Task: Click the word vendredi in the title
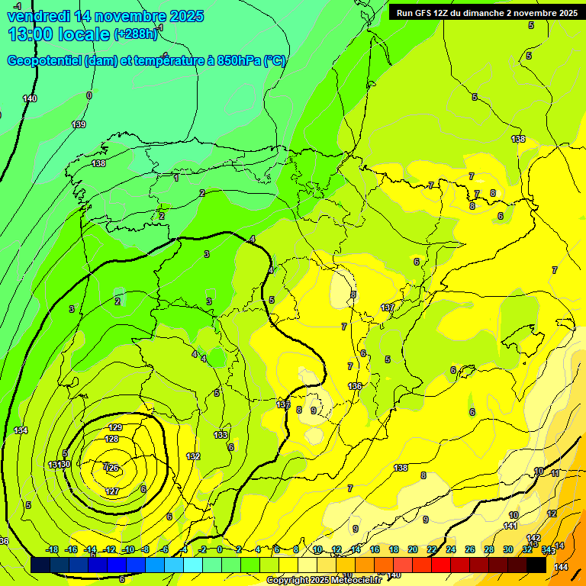(39, 16)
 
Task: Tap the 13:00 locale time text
(58, 34)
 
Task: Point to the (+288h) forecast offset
(135, 34)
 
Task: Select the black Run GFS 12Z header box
(486, 12)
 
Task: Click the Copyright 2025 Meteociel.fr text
(324, 581)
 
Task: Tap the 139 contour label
(79, 124)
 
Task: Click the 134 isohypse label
(21, 431)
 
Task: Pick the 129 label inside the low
(116, 427)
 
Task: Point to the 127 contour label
(112, 491)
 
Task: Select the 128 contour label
(111, 439)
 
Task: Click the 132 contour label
(193, 456)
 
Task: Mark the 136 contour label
(355, 387)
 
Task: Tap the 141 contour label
(510, 526)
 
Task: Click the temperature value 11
(555, 474)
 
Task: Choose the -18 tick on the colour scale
(53, 549)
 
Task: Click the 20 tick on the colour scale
(413, 549)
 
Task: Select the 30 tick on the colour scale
(508, 549)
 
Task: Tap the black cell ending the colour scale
(536, 565)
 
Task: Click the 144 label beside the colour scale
(561, 567)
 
